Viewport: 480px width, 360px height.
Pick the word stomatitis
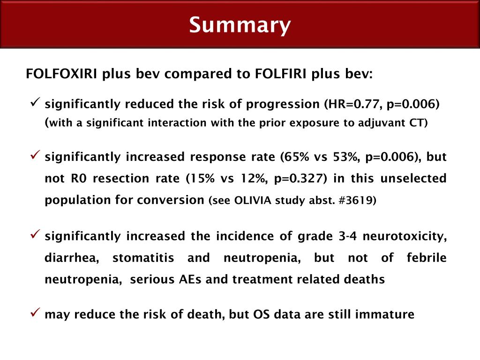(143, 258)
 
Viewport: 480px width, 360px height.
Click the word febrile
(427, 258)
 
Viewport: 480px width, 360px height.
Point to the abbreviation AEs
(191, 279)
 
